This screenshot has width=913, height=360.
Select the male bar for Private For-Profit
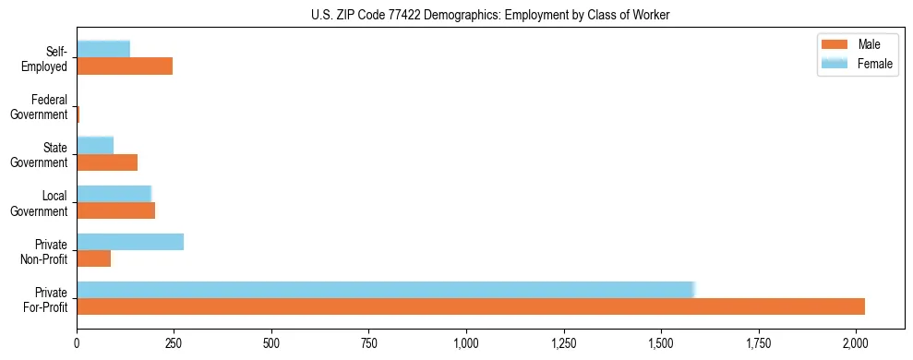(x=471, y=306)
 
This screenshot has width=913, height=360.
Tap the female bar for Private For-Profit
(x=385, y=290)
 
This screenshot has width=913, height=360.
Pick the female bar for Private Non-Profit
(x=130, y=242)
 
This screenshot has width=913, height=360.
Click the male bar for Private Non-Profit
(x=94, y=258)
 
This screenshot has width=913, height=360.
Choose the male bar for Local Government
(x=116, y=210)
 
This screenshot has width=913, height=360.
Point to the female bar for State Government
(x=95, y=146)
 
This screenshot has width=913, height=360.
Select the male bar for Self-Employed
(x=125, y=66)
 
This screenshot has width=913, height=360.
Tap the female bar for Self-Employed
(x=103, y=50)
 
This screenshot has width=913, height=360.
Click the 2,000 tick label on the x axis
(x=856, y=342)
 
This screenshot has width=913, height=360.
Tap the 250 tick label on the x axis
(x=174, y=342)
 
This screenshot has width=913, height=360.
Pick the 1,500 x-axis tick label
(x=661, y=342)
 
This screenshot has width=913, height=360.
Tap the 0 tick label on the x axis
(x=78, y=342)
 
